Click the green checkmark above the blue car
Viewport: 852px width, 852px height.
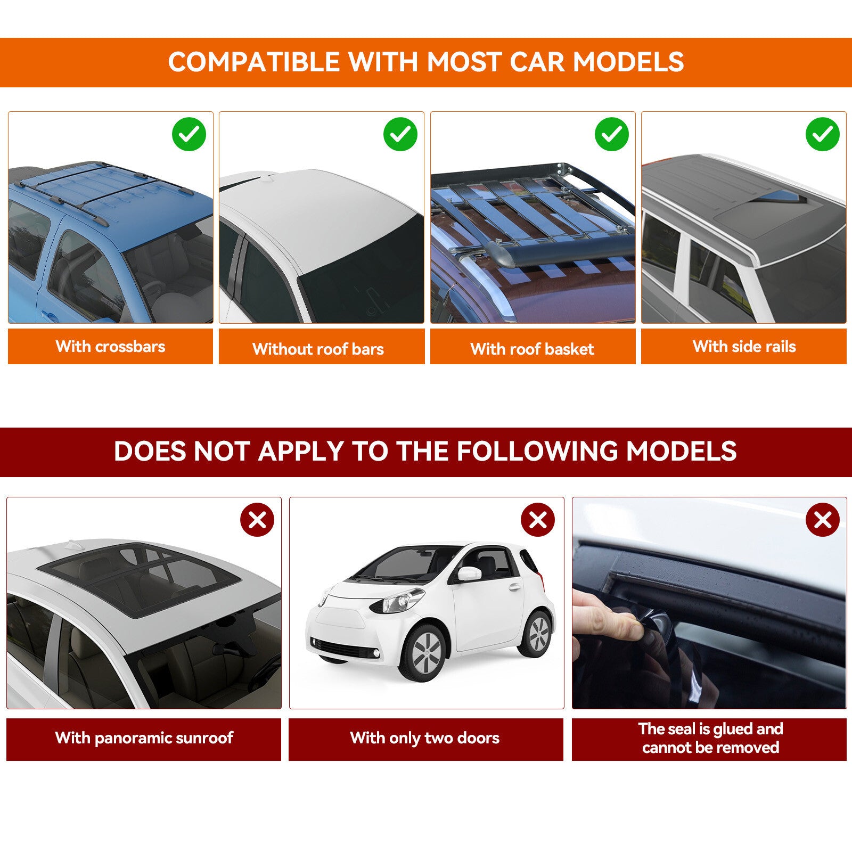coord(189,134)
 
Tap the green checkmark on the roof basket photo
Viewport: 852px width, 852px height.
coord(612,134)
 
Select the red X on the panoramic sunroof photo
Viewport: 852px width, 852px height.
coord(257,520)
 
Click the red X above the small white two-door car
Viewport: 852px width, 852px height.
coord(538,520)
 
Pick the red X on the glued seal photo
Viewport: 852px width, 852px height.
coord(823,520)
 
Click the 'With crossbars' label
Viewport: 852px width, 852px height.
coord(110,347)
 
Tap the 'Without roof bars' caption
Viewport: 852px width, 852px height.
coord(318,349)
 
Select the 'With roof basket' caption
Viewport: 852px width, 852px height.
coord(532,349)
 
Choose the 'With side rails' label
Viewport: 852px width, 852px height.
coord(744,347)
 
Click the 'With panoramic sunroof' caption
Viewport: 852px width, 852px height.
coord(144,738)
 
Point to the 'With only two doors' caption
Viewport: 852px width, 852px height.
coord(425,738)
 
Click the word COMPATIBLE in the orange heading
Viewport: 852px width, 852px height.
coord(254,62)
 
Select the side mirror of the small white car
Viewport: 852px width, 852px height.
coord(469,574)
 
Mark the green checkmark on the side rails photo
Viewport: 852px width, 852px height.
coord(823,134)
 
